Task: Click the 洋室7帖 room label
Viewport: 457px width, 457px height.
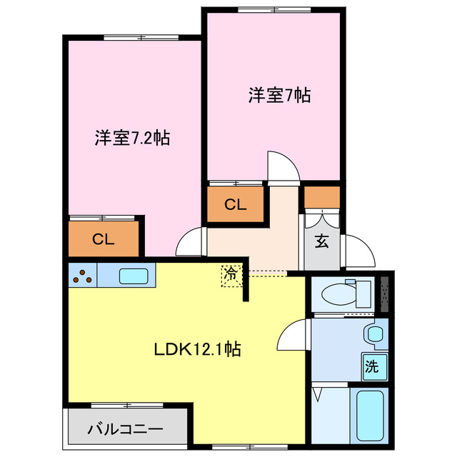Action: tap(279, 95)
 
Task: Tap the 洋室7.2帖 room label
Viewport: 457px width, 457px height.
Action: tap(132, 138)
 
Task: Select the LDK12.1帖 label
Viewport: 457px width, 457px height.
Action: tap(197, 349)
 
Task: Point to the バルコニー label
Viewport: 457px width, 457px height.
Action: tap(126, 430)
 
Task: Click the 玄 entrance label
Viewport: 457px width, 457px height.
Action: tap(322, 241)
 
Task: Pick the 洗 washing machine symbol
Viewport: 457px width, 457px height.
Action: tap(372, 368)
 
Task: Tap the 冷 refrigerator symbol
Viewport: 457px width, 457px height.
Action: tap(231, 274)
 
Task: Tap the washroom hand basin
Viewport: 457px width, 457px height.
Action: tap(373, 333)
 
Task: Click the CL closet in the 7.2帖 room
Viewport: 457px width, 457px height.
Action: tap(104, 240)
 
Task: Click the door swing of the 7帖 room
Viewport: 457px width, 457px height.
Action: tap(284, 167)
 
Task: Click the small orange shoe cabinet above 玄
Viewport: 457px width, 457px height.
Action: tap(322, 196)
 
